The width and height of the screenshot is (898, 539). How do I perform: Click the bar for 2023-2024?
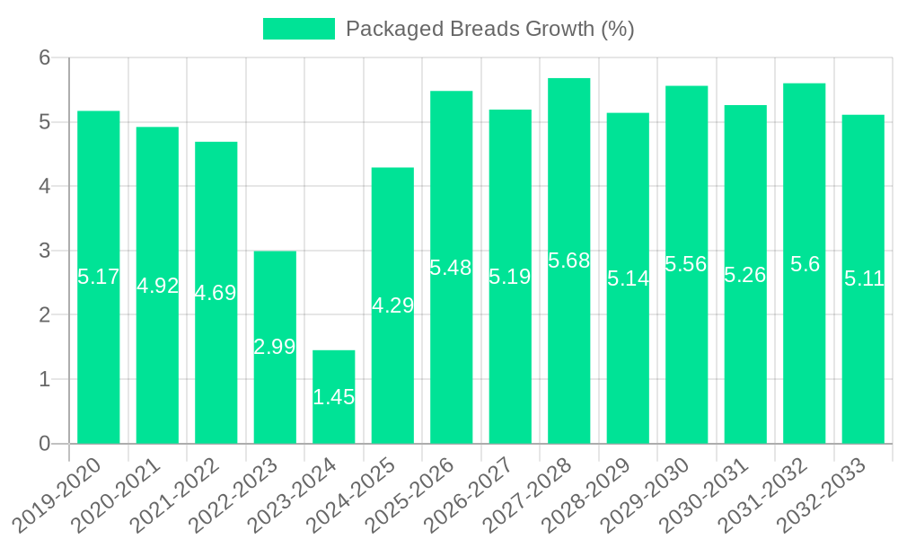click(x=333, y=397)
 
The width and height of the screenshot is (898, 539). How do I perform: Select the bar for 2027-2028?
click(x=568, y=261)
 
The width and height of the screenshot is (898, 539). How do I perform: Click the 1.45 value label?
click(x=333, y=397)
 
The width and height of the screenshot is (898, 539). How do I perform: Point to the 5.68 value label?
click(x=568, y=261)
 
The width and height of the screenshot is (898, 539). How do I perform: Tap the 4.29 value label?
click(x=392, y=305)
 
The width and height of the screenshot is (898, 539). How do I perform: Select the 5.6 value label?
click(x=804, y=264)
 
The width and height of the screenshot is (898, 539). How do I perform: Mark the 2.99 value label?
click(x=275, y=347)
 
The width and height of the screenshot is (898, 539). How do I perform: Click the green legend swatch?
click(x=298, y=29)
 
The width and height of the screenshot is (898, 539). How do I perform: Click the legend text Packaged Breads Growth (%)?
click(x=489, y=29)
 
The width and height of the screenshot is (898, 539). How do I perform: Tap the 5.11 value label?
click(x=864, y=278)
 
